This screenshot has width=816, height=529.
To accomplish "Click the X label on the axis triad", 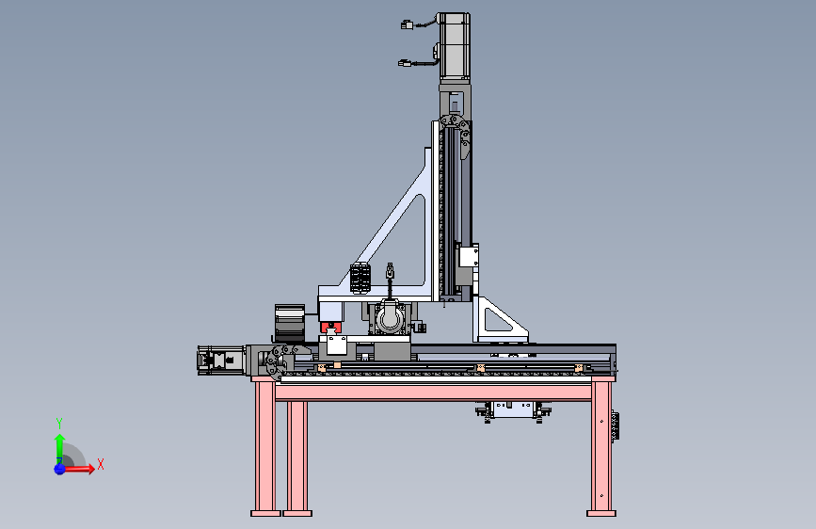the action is (x=101, y=464).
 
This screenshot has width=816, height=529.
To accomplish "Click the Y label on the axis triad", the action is (x=59, y=424).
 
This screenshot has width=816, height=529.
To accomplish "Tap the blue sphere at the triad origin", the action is (x=60, y=469).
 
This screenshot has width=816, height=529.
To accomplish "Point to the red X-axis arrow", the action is (x=78, y=469).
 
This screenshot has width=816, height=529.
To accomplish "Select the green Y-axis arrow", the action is (x=60, y=448).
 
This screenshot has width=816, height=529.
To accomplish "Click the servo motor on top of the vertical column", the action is (x=455, y=47).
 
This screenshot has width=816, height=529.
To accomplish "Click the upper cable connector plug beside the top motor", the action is (x=407, y=24).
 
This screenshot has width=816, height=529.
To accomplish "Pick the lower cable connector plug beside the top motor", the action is (x=405, y=63).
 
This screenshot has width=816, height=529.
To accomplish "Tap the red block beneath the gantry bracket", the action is (x=330, y=328).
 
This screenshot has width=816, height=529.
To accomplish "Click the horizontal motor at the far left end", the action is (x=220, y=360).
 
